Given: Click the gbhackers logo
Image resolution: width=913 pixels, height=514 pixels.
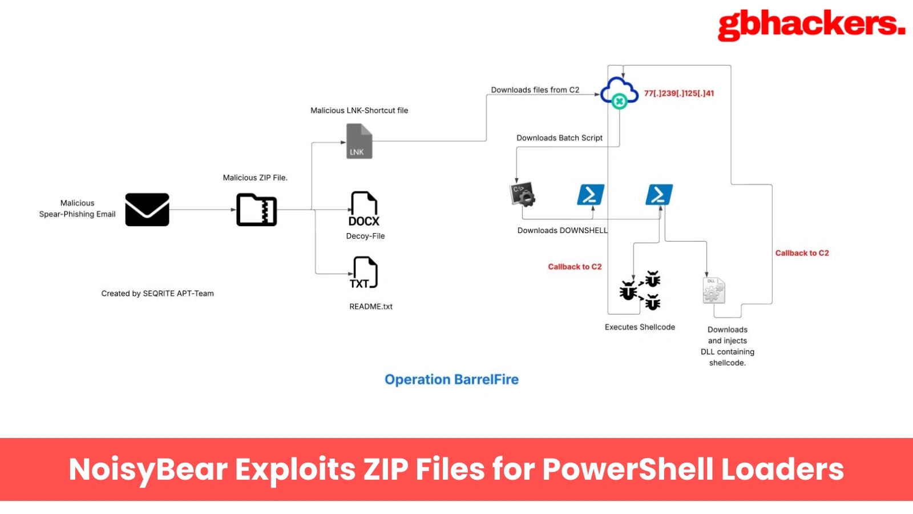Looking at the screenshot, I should pos(811,26).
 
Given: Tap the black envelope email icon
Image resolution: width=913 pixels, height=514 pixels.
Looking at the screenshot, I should pos(147,210).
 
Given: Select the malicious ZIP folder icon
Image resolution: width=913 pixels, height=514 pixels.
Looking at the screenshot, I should pos(257,210).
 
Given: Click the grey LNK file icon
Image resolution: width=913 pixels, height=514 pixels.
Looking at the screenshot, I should pos(359,141).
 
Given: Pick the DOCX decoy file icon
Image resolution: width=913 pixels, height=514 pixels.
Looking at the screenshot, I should pos(364,209).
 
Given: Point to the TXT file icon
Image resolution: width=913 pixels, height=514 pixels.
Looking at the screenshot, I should pos(364,272).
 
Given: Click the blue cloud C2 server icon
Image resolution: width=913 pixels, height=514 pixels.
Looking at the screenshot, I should pos(619,93).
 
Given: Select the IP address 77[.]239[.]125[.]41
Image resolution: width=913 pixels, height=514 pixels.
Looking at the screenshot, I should pos(679,93).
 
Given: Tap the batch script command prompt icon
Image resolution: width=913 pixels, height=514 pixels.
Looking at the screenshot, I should pos(522,194).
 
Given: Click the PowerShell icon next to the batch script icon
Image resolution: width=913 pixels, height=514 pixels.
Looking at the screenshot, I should pos(591,195).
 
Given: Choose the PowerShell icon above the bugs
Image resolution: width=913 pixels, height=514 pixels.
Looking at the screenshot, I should pos(659,195).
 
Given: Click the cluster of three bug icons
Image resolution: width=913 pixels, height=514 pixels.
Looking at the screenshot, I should pos(641,291).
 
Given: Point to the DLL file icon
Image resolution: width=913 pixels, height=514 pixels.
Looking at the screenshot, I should pos(713,290).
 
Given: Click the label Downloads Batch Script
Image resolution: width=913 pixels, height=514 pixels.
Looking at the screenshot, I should pos(559,138).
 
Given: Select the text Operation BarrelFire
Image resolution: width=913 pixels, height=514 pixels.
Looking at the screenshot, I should pos(451,380).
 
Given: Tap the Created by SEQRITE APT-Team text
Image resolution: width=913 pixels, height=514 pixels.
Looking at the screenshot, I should pos(157,294).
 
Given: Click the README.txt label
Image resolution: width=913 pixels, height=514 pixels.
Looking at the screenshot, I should pos(371,307).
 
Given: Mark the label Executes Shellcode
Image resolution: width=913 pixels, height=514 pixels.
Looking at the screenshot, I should pos(640,327).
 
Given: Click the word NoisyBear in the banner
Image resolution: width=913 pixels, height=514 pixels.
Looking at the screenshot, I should pos(148,469).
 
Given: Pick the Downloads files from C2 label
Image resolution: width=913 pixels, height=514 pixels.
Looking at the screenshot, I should pos(535,90).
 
